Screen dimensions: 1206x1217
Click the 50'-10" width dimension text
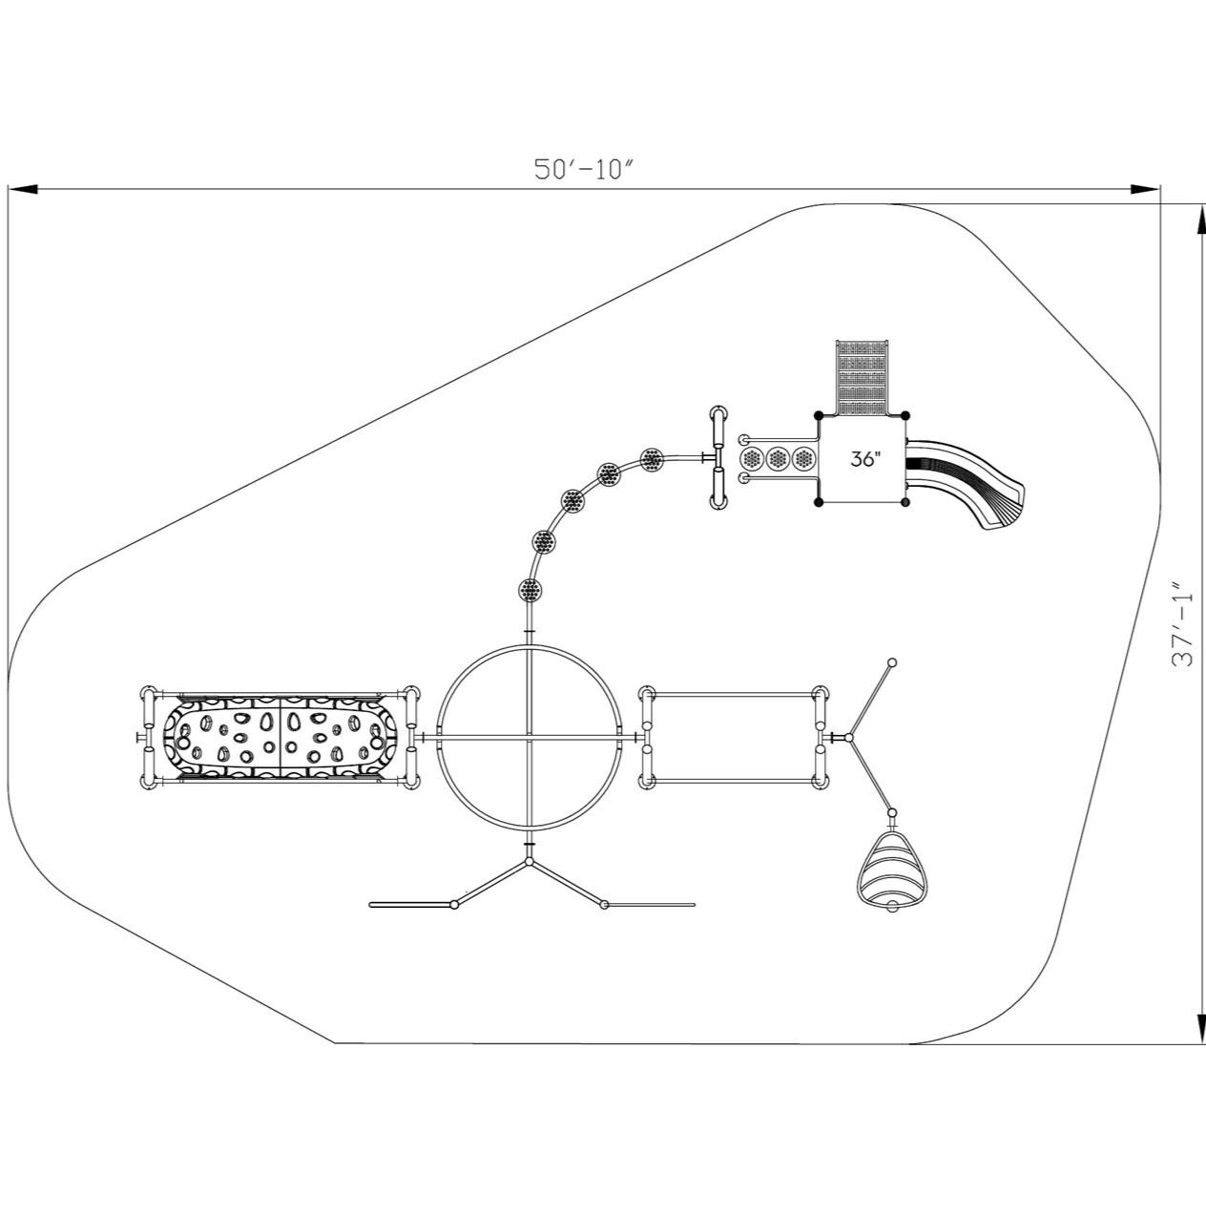[x=584, y=169]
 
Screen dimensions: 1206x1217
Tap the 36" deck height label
[x=864, y=458]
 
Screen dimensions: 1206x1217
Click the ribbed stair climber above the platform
[x=863, y=378]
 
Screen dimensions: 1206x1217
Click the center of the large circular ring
[x=530, y=737]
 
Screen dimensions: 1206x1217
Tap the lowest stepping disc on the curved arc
[x=530, y=590]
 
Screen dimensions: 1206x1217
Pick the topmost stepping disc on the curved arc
[x=652, y=459]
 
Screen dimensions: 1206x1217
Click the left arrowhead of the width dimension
[x=23, y=189]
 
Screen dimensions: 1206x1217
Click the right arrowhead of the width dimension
[x=1145, y=189]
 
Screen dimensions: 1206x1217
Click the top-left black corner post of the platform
[x=819, y=415]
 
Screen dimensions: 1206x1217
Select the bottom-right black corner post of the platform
[x=905, y=502]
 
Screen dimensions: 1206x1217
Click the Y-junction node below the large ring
[x=530, y=861]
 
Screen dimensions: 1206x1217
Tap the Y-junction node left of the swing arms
[x=849, y=738]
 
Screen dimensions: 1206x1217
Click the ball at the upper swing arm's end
[x=891, y=662]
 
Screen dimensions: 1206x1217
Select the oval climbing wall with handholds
[x=281, y=738]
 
